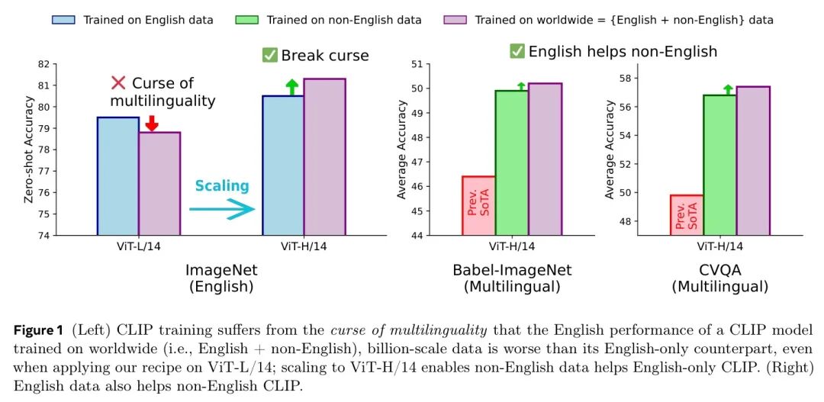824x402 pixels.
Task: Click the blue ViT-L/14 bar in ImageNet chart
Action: tap(118, 176)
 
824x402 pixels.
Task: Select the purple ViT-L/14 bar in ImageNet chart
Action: tap(159, 184)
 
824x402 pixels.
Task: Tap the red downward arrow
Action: tap(151, 123)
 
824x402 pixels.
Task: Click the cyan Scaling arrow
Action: tap(221, 208)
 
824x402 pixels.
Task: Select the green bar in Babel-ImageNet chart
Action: tap(511, 162)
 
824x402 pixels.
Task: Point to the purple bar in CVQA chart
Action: tap(753, 160)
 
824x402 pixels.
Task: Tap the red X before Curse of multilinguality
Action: tap(118, 82)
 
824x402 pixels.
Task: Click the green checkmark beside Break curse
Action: tap(269, 55)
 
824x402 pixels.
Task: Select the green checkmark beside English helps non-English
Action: tap(517, 51)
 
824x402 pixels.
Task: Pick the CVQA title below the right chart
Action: tap(719, 271)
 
